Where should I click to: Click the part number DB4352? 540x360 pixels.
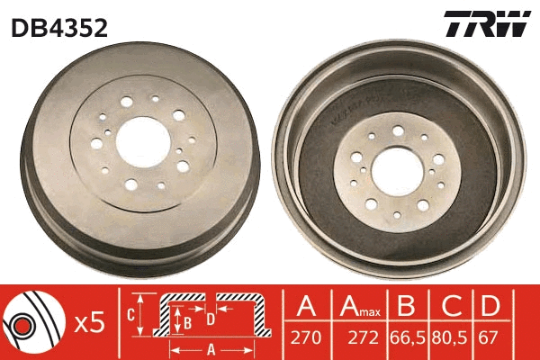point(58,27)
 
